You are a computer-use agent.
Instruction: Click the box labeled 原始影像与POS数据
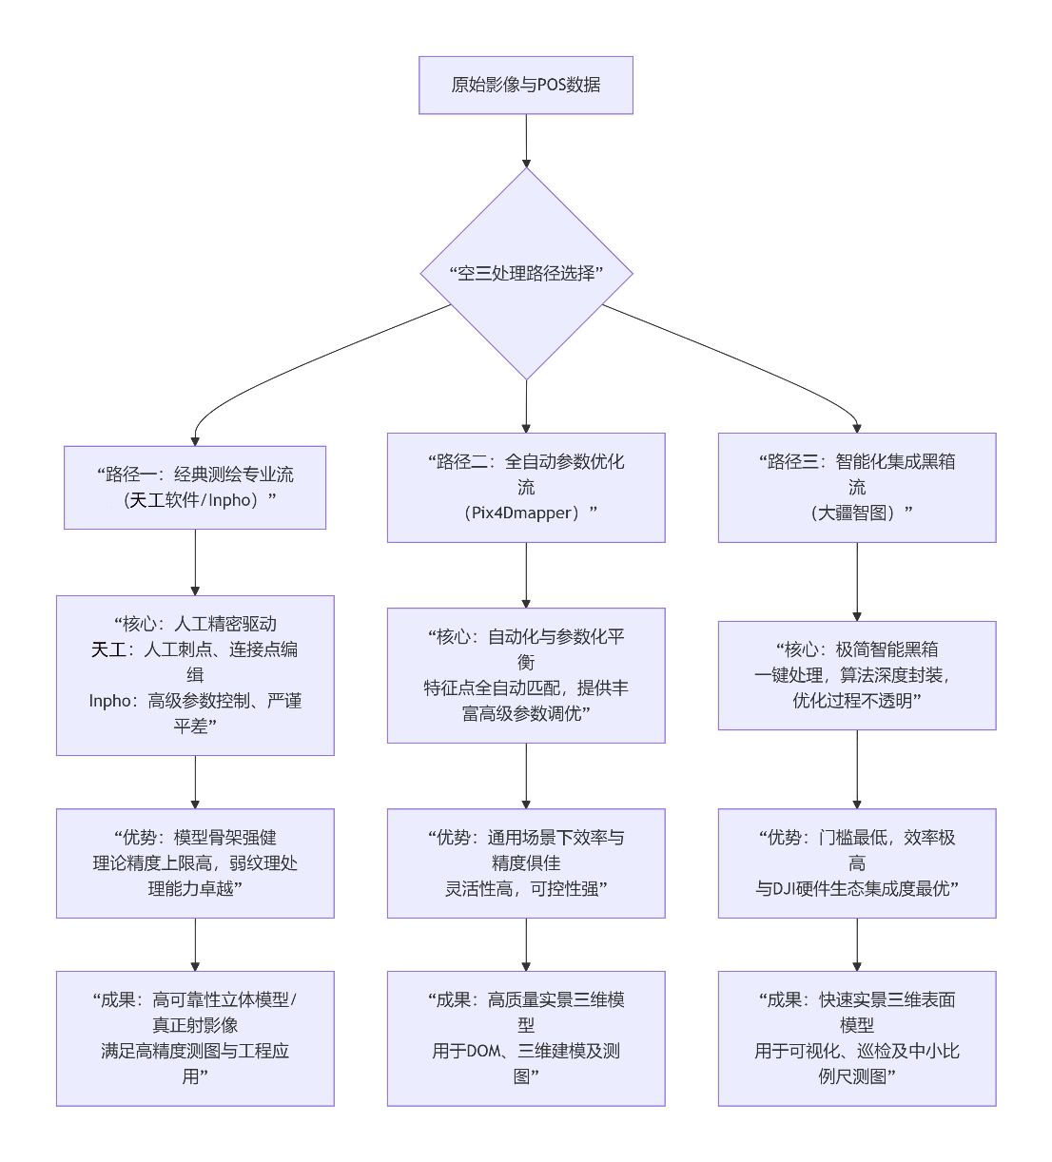point(525,85)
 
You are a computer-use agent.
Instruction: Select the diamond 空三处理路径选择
point(526,274)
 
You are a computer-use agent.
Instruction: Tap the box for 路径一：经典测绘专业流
point(195,487)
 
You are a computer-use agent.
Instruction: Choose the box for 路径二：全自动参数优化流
point(526,487)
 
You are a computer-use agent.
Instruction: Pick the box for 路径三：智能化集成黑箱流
point(856,487)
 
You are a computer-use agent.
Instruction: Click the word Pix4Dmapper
point(524,513)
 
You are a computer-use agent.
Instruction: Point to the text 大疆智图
point(856,513)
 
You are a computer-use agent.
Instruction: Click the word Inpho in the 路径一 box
point(230,500)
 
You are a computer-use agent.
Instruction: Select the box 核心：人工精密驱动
point(195,675)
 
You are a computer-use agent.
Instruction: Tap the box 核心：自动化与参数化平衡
point(526,675)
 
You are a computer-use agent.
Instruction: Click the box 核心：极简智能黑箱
point(856,675)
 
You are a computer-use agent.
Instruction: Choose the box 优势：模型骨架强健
point(195,862)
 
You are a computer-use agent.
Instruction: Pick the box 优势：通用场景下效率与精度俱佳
point(526,862)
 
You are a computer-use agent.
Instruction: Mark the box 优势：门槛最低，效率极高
point(856,862)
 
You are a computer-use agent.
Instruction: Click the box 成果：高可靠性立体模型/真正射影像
point(195,1037)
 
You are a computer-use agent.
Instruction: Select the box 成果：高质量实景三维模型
point(526,1037)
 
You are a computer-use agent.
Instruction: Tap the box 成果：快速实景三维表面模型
point(856,1037)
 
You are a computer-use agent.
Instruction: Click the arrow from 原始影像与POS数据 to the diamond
point(526,140)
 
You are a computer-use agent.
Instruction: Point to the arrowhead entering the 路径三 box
point(857,428)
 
